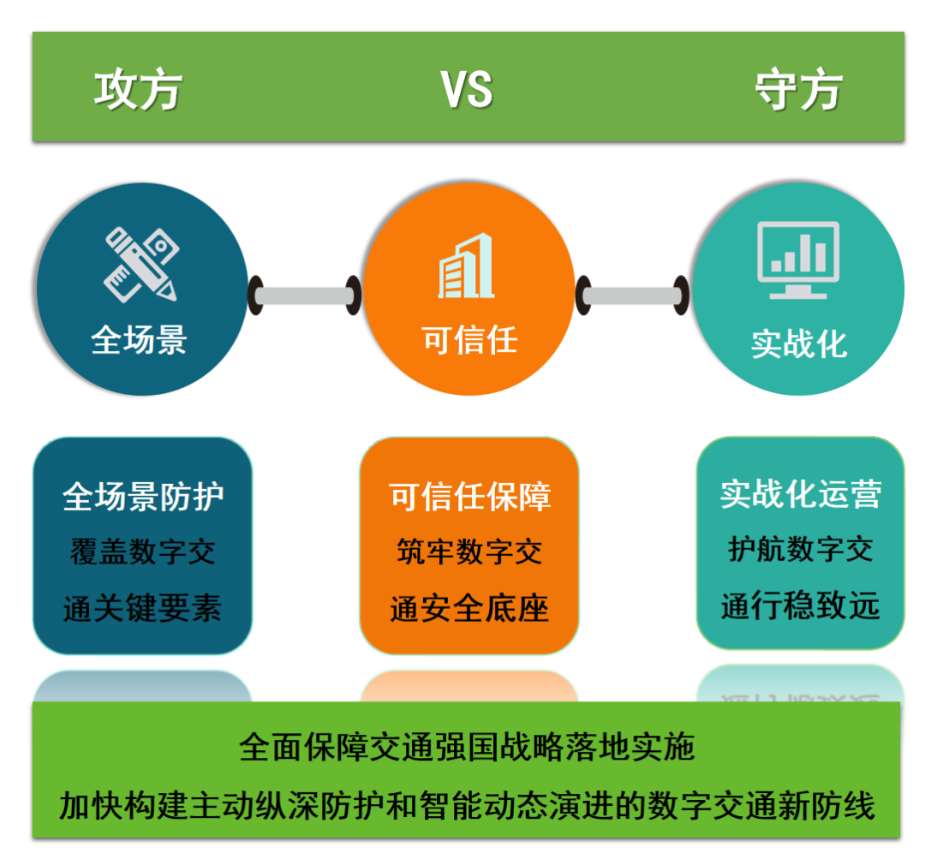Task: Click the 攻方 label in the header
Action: pyautogui.click(x=138, y=90)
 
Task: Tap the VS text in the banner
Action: pyautogui.click(x=466, y=90)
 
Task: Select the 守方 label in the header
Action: pyautogui.click(x=799, y=90)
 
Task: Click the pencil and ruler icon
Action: pyautogui.click(x=141, y=265)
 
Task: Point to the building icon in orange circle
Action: pyautogui.click(x=466, y=265)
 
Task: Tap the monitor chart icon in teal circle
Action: pyautogui.click(x=798, y=260)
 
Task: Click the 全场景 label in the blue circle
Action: pyautogui.click(x=140, y=340)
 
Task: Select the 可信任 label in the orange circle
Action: pyautogui.click(x=469, y=340)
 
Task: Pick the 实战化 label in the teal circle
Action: pyautogui.click(x=799, y=344)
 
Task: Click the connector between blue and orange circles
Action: pyautogui.click(x=305, y=295)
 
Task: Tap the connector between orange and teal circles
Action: pyautogui.click(x=632, y=295)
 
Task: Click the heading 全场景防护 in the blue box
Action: pyautogui.click(x=143, y=496)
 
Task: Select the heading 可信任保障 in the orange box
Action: pyautogui.click(x=469, y=496)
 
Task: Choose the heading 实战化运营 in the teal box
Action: pyautogui.click(x=801, y=494)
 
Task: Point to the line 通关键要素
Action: pyautogui.click(x=142, y=608)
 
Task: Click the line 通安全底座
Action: pyautogui.click(x=469, y=608)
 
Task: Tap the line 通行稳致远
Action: pyautogui.click(x=801, y=605)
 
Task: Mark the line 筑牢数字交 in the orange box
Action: pyautogui.click(x=469, y=552)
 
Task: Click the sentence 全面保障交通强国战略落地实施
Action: pyautogui.click(x=467, y=747)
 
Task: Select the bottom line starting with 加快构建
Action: pyautogui.click(x=467, y=806)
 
